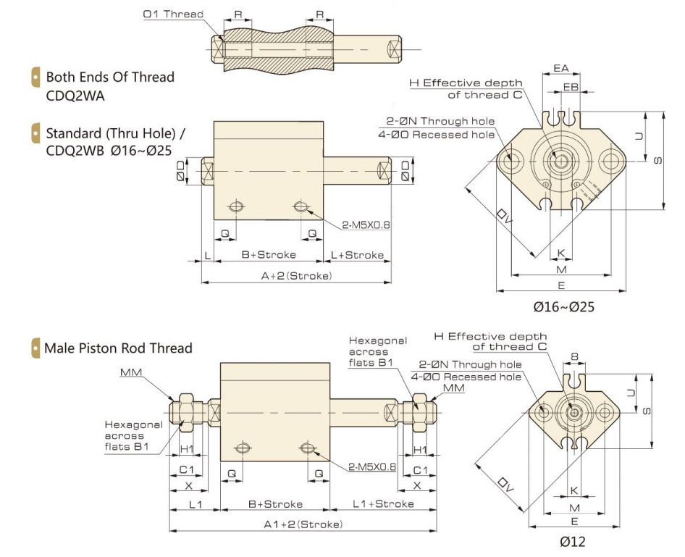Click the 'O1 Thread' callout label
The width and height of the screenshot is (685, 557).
173,14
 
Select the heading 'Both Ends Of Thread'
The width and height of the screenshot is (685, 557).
110,77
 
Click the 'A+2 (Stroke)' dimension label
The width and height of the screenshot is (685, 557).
298,276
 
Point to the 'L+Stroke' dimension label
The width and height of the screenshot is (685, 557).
358,255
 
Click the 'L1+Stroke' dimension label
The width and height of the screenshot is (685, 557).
384,503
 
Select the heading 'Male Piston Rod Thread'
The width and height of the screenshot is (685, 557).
118,348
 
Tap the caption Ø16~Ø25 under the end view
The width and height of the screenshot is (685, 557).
564,306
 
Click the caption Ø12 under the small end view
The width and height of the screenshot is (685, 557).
572,541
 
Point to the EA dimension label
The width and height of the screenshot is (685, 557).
560,68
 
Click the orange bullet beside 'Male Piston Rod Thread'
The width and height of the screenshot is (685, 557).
35,348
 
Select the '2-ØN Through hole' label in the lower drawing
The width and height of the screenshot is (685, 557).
469,364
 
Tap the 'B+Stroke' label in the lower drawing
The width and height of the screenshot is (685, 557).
275,503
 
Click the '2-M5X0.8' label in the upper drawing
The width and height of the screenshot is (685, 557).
366,225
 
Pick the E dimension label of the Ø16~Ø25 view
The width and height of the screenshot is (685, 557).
561,285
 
